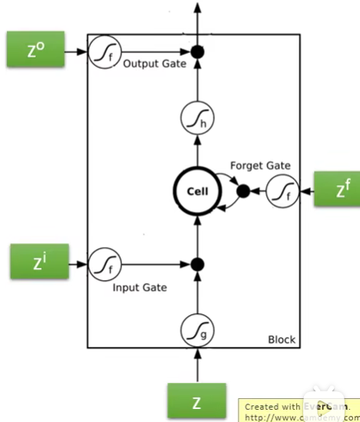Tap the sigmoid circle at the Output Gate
102,52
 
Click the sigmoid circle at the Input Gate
102,265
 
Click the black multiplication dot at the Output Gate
198,52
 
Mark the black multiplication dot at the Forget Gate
243,191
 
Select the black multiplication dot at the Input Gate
198,265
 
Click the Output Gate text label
154,64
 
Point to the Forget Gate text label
259,166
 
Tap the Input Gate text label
140,288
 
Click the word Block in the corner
281,339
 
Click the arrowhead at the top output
198,8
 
